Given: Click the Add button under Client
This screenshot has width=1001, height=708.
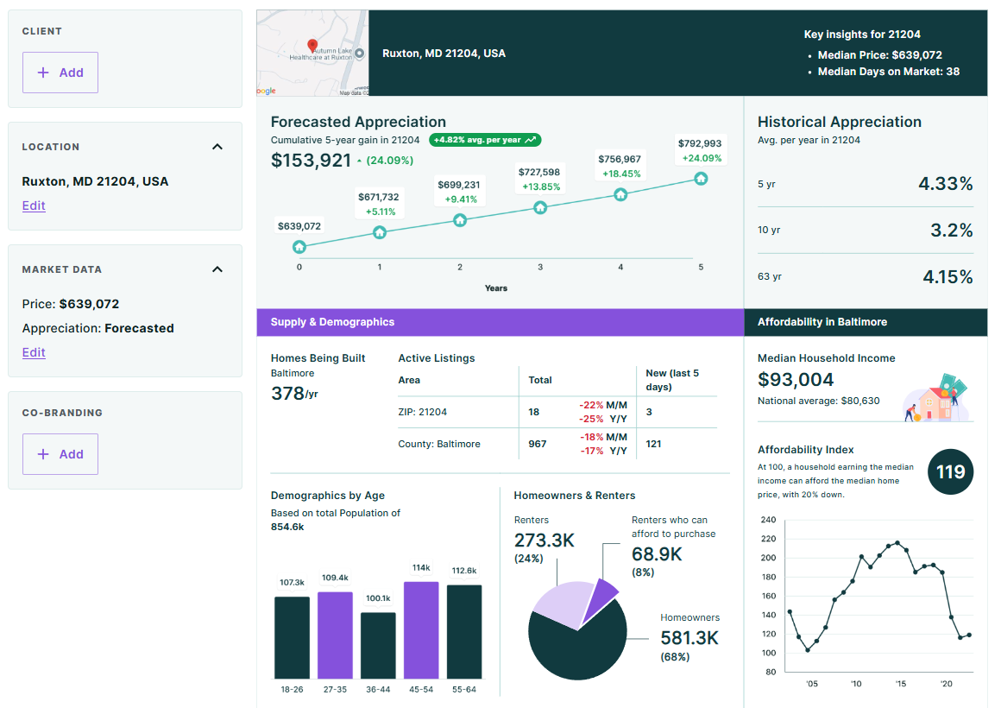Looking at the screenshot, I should coord(60,73).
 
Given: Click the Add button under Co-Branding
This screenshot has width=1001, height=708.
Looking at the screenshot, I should coord(60,454).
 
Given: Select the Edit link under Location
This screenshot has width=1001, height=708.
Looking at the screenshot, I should coord(34,205).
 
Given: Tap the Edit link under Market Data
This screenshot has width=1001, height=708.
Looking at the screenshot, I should coord(34,352).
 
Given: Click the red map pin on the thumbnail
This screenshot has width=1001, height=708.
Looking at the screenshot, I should coord(312,46).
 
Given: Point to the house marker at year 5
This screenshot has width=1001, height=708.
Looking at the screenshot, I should coord(701,178).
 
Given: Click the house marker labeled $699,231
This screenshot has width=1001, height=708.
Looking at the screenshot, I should coord(460,220).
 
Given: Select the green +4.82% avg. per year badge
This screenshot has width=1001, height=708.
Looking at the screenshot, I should coord(485,140).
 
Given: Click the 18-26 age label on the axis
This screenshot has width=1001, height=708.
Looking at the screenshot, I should coord(292,689).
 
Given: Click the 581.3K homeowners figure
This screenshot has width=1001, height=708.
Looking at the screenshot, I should coord(689,638).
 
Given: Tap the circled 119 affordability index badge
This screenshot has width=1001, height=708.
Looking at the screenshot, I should coord(950,472).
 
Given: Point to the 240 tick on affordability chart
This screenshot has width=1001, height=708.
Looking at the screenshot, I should coord(768,520).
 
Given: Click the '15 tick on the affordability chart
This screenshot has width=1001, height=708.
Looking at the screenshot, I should coord(901,684).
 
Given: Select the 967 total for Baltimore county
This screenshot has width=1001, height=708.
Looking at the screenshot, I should coord(537,444).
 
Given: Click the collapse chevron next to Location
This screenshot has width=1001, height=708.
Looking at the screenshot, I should coord(217,147).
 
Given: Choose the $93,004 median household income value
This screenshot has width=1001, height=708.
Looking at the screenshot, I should coord(796,380).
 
